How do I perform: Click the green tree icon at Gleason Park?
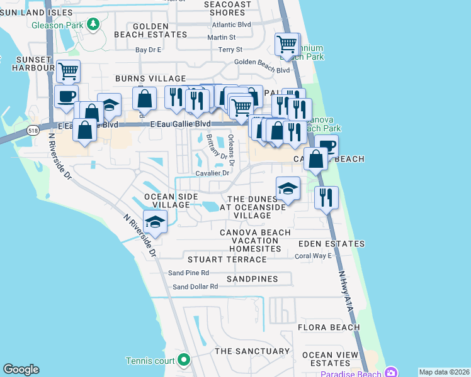(94, 24)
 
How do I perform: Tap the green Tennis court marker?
(184, 359)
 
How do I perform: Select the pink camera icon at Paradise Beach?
(391, 372)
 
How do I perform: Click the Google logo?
(21, 369)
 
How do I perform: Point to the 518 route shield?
(33, 130)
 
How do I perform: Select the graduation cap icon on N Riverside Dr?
(154, 222)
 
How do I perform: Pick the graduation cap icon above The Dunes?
(288, 188)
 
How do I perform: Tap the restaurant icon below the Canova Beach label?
(326, 197)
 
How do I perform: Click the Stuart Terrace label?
(227, 260)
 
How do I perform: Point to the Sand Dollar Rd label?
(195, 287)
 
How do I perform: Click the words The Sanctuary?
(252, 351)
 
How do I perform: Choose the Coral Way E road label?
(313, 256)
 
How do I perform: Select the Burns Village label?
(150, 79)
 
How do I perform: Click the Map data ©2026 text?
(444, 372)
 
